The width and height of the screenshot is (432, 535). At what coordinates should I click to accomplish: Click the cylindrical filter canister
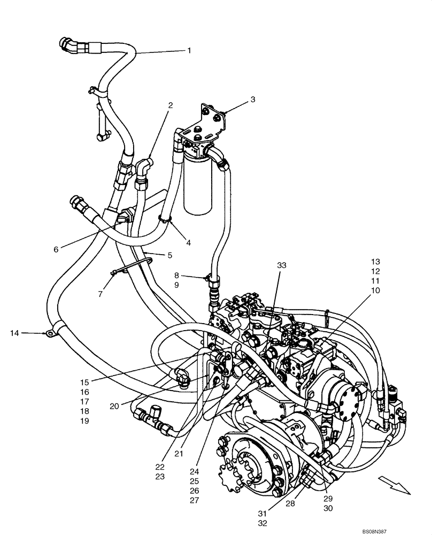pyautogui.click(x=199, y=182)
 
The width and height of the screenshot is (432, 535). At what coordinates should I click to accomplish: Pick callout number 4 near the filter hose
pyautogui.click(x=188, y=242)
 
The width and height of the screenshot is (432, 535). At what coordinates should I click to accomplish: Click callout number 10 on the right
pyautogui.click(x=375, y=290)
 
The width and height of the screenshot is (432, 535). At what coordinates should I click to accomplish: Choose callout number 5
pyautogui.click(x=169, y=255)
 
